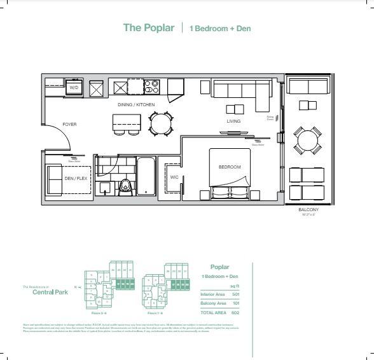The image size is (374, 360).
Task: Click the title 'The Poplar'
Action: pyautogui.click(x=149, y=28)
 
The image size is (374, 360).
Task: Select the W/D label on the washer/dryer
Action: pyautogui.click(x=74, y=87)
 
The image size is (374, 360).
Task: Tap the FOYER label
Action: pyautogui.click(x=69, y=124)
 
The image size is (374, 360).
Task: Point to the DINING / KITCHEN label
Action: pyautogui.click(x=135, y=104)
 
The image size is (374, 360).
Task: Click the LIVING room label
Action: pyautogui.click(x=234, y=121)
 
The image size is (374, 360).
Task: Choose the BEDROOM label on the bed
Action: pyautogui.click(x=230, y=167)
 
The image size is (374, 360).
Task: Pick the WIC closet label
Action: pyautogui.click(x=174, y=177)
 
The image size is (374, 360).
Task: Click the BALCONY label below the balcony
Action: pyautogui.click(x=308, y=209)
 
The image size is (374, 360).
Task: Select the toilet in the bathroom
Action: pyautogui.click(x=126, y=185)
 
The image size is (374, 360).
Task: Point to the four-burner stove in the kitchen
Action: pyautogui.click(x=151, y=86)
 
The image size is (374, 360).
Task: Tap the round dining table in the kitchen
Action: pyautogui.click(x=160, y=121)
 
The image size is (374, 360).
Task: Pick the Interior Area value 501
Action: pyautogui.click(x=235, y=294)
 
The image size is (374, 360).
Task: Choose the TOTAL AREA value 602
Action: pyautogui.click(x=235, y=313)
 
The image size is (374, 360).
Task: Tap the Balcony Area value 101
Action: pyautogui.click(x=235, y=303)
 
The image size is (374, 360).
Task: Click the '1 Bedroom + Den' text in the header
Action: pyautogui.click(x=220, y=29)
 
